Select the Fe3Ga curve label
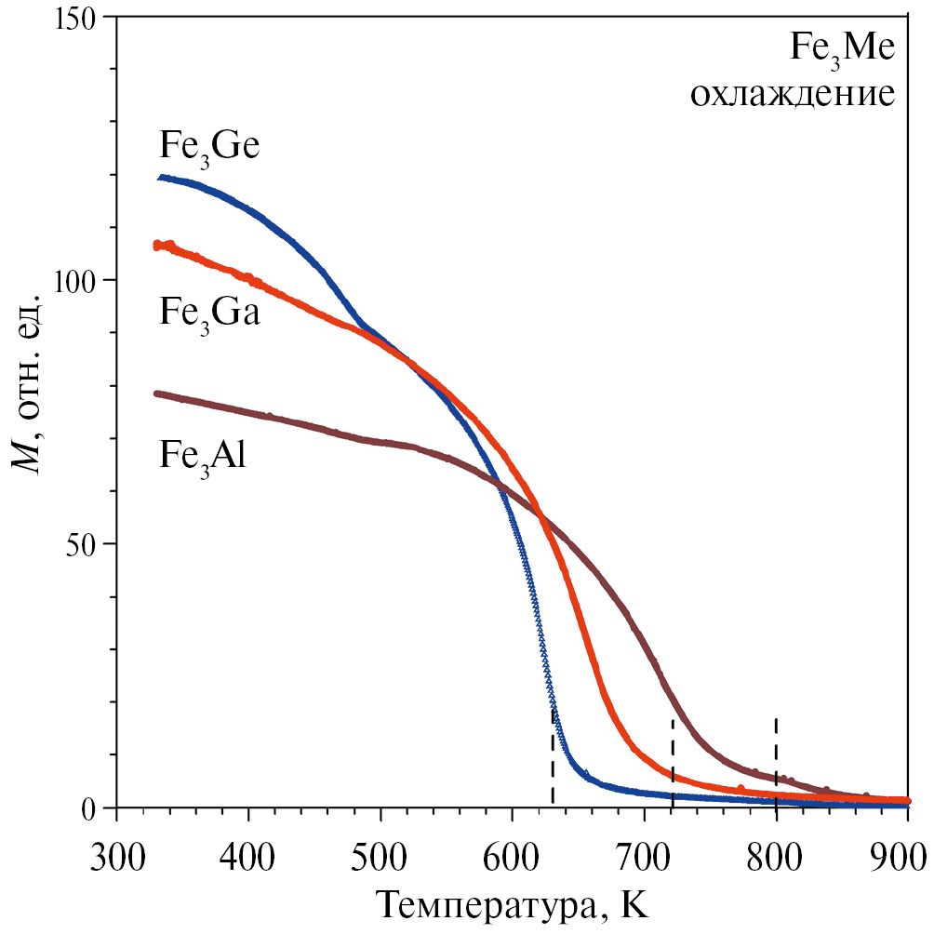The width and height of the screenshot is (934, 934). pos(208,313)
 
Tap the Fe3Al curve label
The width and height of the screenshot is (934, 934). pos(202,459)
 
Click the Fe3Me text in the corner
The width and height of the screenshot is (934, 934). pos(842,49)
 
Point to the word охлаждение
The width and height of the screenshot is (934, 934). pos(792,94)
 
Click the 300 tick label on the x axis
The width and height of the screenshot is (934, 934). pos(116,851)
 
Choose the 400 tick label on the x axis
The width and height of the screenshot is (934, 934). pos(248,851)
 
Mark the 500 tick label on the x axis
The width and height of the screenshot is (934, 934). pos(380,851)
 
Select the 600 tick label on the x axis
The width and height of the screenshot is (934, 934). pos(513,851)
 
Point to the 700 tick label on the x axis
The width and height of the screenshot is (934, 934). pos(645,851)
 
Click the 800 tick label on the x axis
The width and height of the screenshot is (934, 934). pos(777,851)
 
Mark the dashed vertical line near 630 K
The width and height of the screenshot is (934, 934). pos(553,758)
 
